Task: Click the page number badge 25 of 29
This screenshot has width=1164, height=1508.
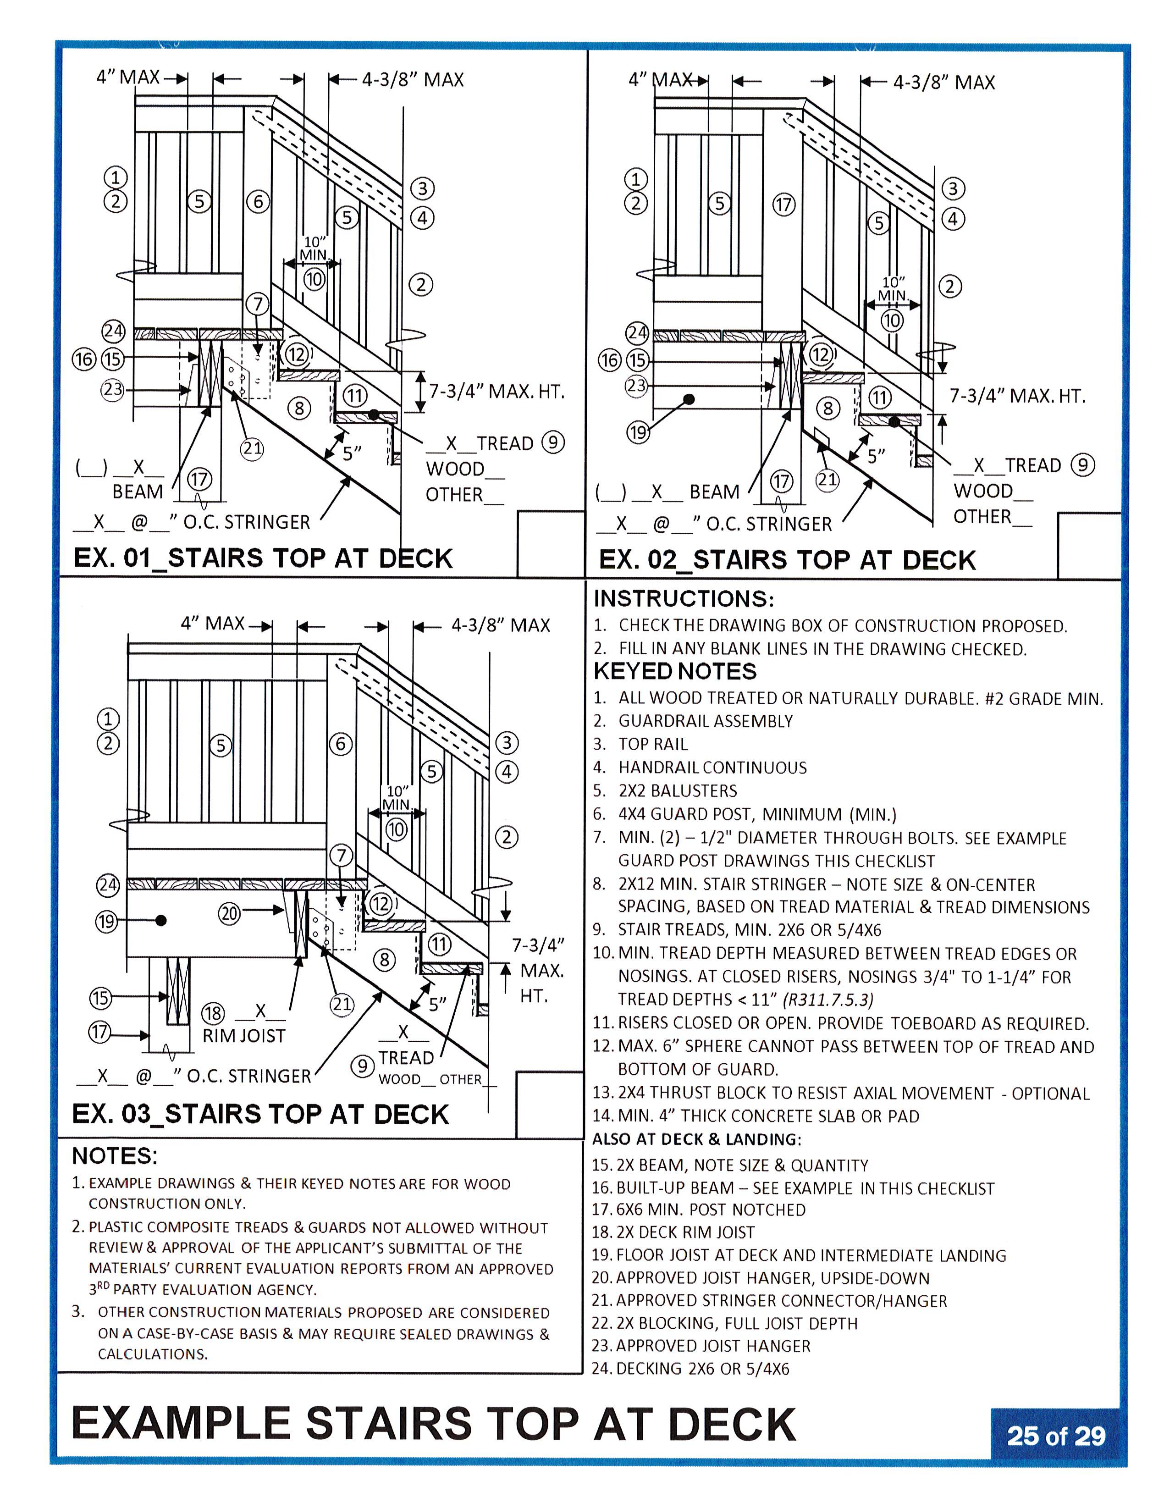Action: point(1056,1436)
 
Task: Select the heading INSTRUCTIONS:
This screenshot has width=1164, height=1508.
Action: point(684,598)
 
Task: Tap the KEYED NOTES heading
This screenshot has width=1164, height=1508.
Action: point(674,671)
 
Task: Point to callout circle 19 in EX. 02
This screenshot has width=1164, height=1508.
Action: point(637,433)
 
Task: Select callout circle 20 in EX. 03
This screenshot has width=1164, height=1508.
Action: point(229,913)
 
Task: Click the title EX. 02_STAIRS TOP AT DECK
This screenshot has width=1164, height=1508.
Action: point(787,559)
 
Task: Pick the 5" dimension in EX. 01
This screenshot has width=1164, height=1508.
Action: point(352,453)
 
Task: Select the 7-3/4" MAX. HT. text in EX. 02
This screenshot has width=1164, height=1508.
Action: point(1017,396)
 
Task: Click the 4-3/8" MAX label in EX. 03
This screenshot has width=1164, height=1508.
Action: point(501,625)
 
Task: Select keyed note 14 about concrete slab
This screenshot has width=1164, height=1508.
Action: point(755,1116)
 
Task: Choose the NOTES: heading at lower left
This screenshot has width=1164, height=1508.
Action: point(115,1156)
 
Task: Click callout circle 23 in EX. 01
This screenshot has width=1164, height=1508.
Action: point(112,389)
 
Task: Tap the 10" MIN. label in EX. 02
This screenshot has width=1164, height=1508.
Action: point(892,288)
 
